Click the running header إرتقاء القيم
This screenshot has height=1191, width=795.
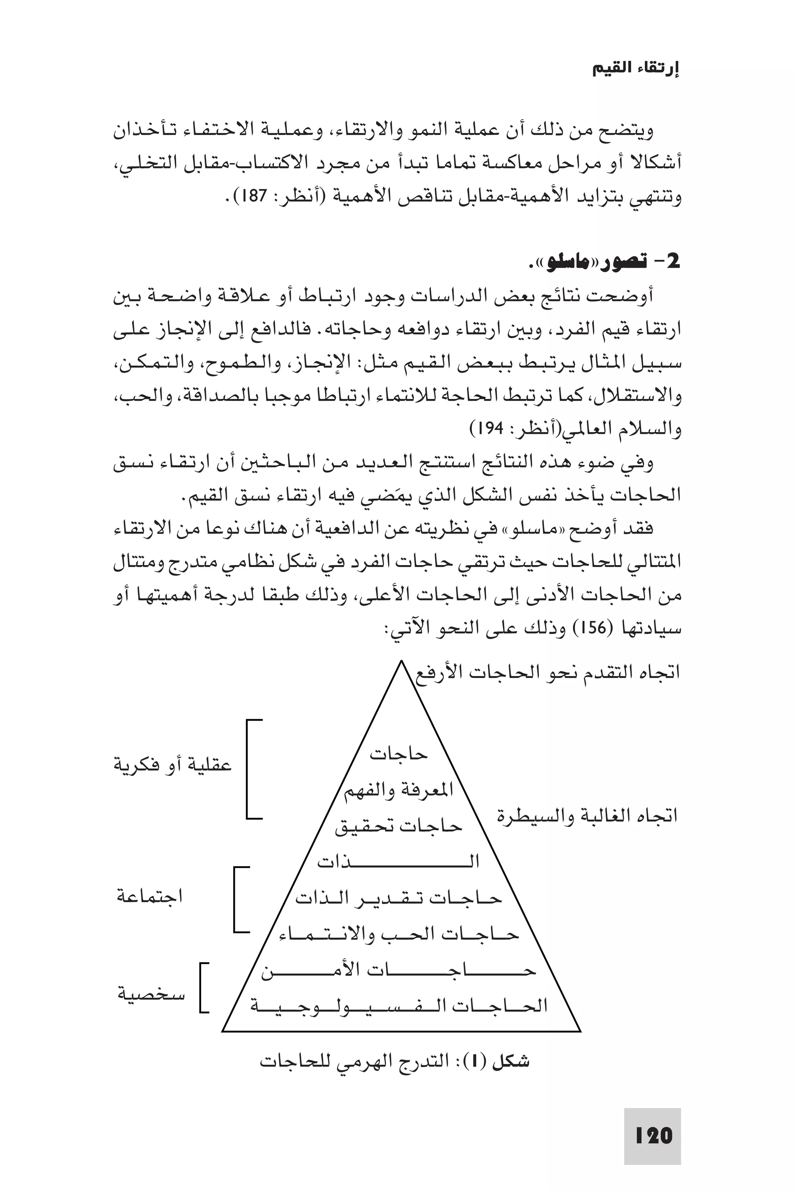click(636, 69)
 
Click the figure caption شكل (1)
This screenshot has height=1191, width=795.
click(394, 1061)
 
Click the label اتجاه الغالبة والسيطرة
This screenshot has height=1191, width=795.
click(587, 815)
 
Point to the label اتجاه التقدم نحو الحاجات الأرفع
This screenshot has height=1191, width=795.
click(548, 673)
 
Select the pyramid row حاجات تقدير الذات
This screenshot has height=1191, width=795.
click(399, 899)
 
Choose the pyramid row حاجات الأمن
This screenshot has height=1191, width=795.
click(399, 970)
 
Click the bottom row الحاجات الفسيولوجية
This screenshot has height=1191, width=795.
click(399, 1005)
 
